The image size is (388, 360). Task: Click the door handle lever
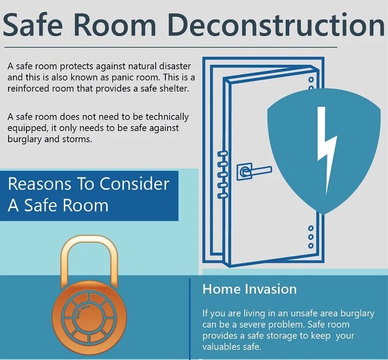(258, 171)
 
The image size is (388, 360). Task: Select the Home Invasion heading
(250, 289)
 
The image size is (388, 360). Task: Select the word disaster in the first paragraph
(167, 66)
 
